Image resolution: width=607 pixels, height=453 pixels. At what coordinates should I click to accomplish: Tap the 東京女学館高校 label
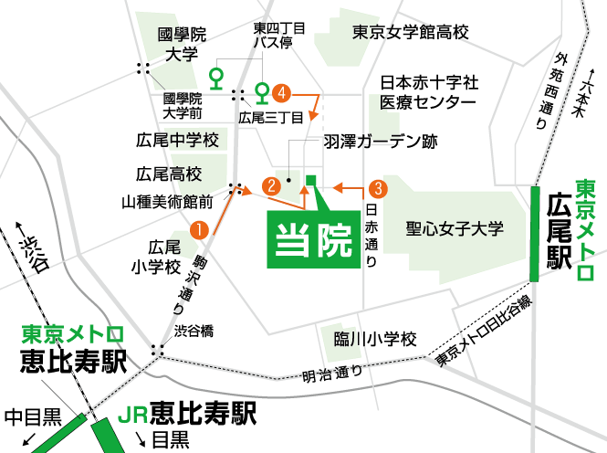[410, 32]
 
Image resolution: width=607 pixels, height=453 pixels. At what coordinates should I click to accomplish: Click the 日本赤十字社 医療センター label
[429, 92]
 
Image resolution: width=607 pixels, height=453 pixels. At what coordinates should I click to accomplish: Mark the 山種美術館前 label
[167, 200]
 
